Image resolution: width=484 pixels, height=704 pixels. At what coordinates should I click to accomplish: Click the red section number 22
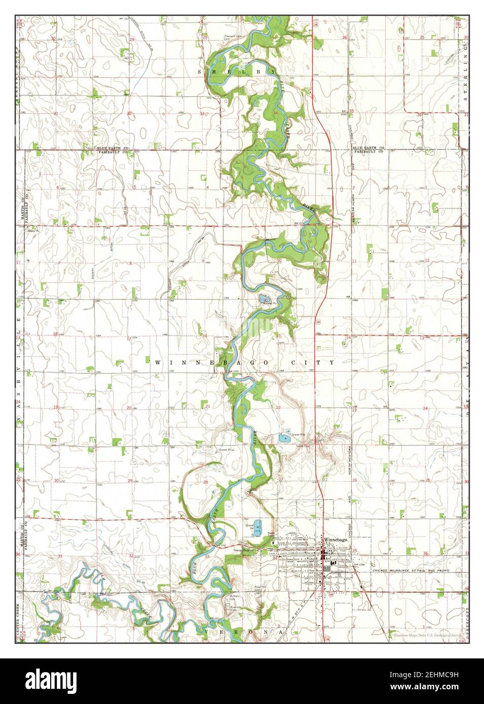point(278,407)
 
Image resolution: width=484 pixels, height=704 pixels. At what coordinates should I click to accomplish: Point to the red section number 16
point(205,336)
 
